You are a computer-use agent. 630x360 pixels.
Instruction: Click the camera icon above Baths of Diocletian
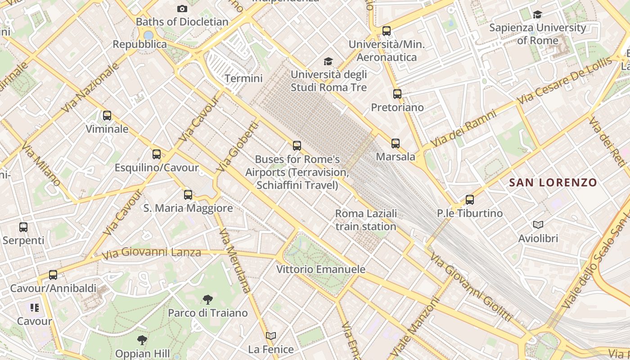point(182,9)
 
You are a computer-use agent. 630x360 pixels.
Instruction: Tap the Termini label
point(243,78)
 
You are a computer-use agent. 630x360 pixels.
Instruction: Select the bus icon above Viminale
point(107,116)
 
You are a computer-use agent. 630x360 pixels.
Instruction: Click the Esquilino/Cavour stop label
point(157,168)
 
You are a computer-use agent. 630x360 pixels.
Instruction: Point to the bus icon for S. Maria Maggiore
point(188,195)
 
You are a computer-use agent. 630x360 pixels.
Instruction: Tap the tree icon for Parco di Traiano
point(207,299)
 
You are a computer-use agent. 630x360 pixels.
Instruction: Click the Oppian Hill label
point(142,353)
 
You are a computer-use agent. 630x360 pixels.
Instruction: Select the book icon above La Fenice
point(271,336)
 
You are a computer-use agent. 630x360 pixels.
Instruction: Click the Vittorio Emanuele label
point(321,270)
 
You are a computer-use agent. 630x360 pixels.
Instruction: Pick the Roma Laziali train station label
point(366,220)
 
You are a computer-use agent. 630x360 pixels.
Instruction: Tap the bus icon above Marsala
point(396,144)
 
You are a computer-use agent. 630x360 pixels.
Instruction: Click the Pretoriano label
point(397,108)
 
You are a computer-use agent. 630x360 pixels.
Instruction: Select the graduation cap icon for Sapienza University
point(537,15)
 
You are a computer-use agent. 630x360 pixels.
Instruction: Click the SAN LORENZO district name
point(553,183)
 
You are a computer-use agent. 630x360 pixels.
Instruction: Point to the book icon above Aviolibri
point(538,225)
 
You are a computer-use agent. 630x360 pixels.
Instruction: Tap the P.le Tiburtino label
point(470,213)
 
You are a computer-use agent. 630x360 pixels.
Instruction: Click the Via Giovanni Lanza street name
point(151,253)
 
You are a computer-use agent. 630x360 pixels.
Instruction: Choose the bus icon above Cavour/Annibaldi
point(53,274)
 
